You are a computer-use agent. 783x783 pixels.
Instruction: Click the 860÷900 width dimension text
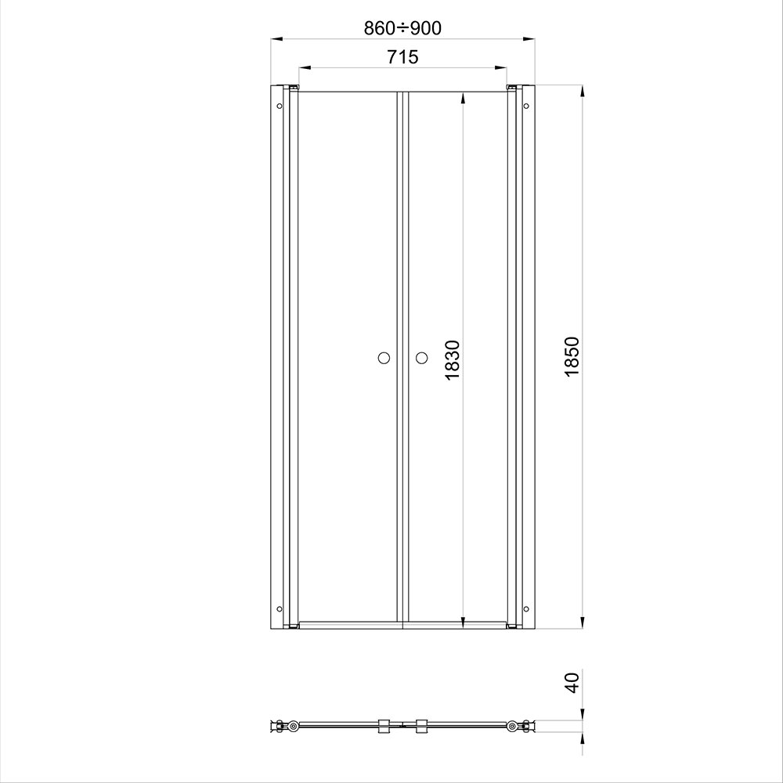pos(402,28)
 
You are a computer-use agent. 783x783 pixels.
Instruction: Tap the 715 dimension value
pos(402,57)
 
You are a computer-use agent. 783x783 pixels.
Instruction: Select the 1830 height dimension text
pos(452,359)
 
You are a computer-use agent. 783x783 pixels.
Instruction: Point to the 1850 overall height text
pos(572,356)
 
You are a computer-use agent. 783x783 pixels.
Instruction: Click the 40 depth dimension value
pos(572,683)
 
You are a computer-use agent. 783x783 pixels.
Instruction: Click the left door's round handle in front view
pos(384,358)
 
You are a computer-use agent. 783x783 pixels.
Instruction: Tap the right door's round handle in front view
pos(421,358)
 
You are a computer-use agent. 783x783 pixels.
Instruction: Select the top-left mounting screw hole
pos(280,106)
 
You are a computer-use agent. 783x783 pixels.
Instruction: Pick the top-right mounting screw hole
pos(526,106)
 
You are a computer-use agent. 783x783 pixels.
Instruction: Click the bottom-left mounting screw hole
pos(280,608)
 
